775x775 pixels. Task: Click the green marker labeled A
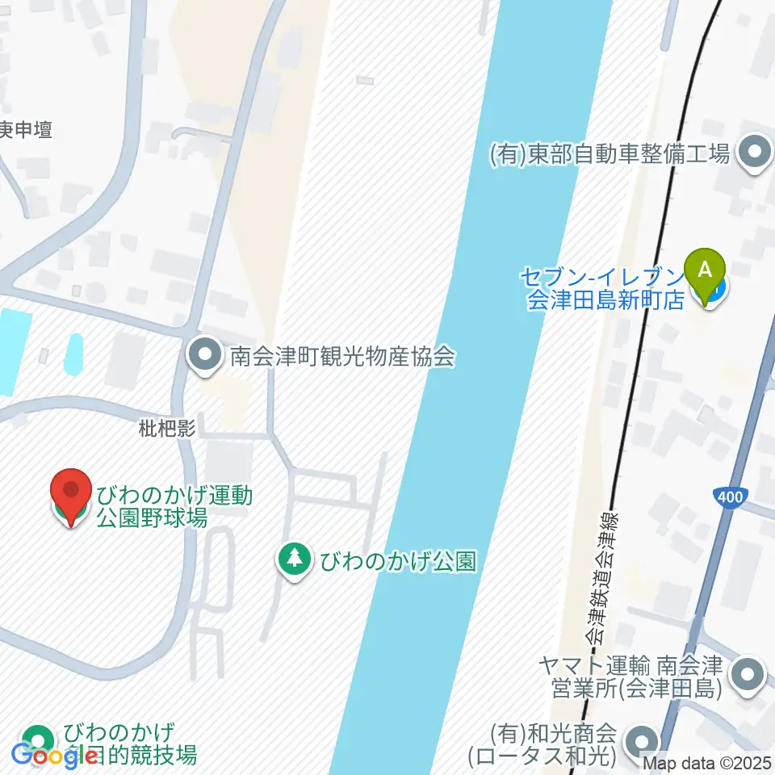point(705,270)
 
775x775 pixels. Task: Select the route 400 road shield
point(730,498)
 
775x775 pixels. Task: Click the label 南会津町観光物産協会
point(343,356)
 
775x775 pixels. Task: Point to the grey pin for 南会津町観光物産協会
point(205,356)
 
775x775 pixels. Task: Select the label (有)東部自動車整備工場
point(610,153)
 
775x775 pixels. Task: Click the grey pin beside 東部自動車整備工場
point(756,153)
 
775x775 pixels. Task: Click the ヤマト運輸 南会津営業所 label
point(631,677)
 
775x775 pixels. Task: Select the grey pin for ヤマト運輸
point(748,676)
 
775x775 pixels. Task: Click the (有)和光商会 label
point(553,745)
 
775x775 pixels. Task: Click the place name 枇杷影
point(167,429)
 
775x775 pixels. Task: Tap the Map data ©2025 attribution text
point(707,762)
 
